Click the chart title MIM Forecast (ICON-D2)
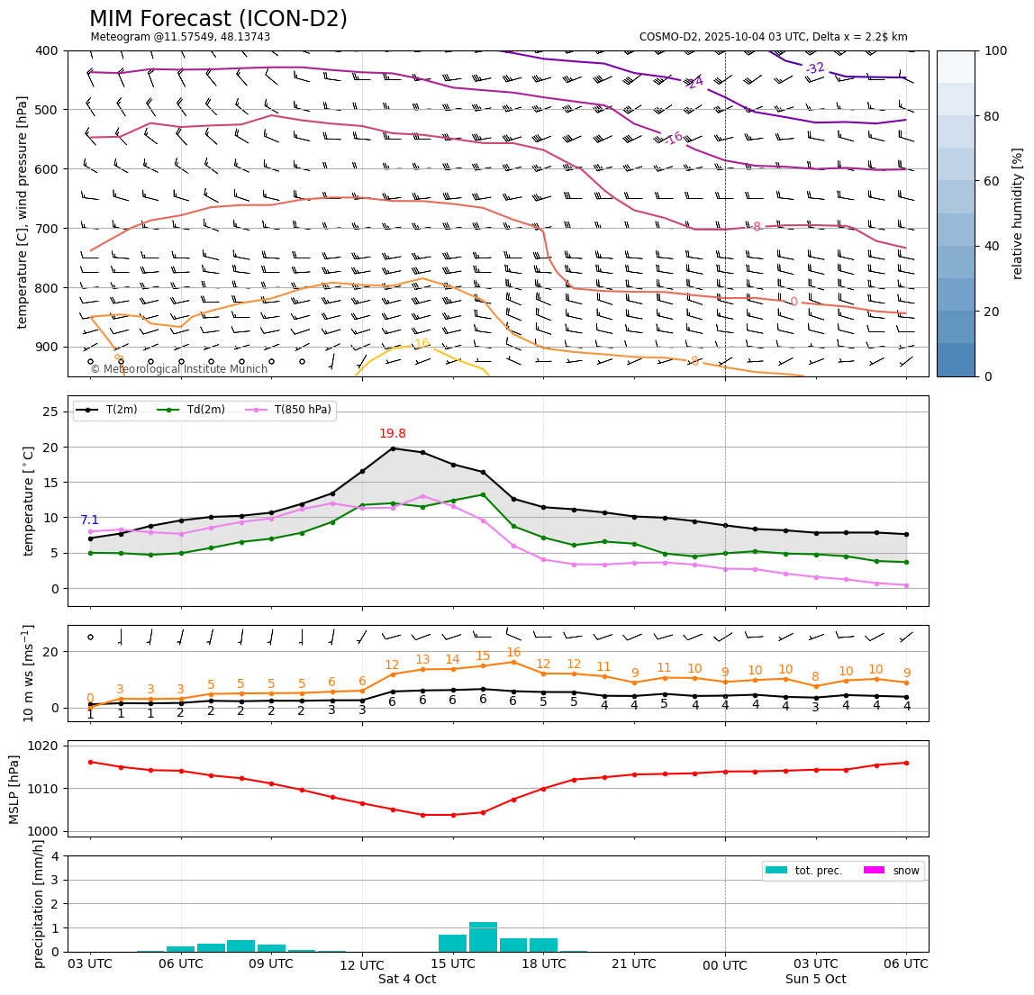pyautogui.click(x=218, y=19)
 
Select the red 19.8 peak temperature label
pyautogui.click(x=392, y=434)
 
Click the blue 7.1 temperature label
pyautogui.click(x=89, y=520)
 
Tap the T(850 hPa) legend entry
pyautogui.click(x=300, y=411)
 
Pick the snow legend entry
pyautogui.click(x=905, y=871)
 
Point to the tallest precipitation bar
pyautogui.click(x=483, y=936)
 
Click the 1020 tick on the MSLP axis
pyautogui.click(x=47, y=746)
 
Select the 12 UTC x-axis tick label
pyautogui.click(x=362, y=965)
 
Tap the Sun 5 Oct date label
pyautogui.click(x=815, y=980)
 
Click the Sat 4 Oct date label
pyautogui.click(x=407, y=980)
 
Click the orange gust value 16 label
pyautogui.click(x=513, y=653)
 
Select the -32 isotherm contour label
pyautogui.click(x=815, y=68)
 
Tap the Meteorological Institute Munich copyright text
pyautogui.click(x=179, y=369)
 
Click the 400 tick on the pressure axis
pyautogui.click(x=47, y=50)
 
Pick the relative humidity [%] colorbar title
pyautogui.click(x=1018, y=213)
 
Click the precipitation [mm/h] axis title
pyautogui.click(x=38, y=903)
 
